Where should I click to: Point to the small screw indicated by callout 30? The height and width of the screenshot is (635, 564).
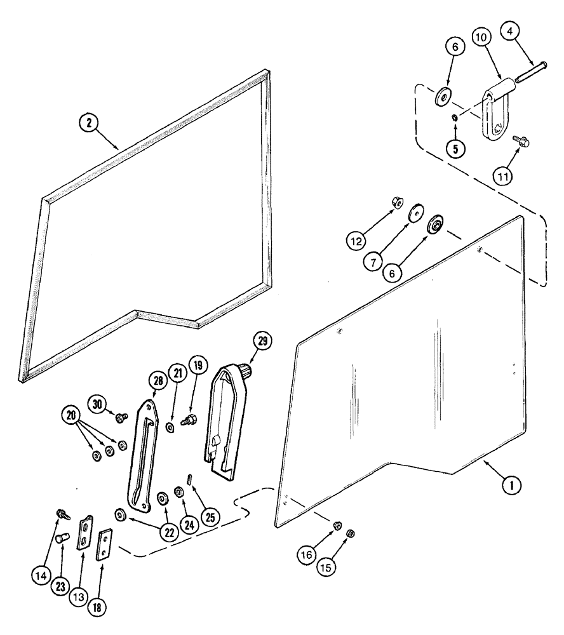pyautogui.click(x=121, y=416)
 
